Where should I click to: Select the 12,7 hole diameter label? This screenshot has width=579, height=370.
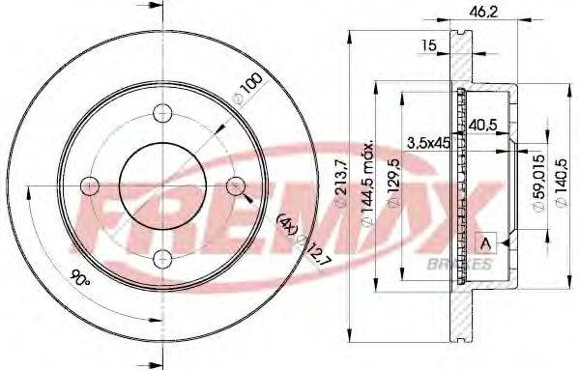coord(307,255)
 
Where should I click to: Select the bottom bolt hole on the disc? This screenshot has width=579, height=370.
coord(162,255)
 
